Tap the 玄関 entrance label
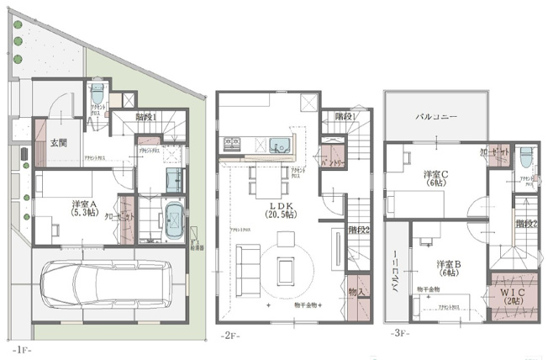pyautogui.click(x=57, y=142)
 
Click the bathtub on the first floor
pyautogui.click(x=174, y=220)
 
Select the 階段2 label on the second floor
pyautogui.click(x=359, y=228)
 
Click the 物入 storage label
pyautogui.click(x=357, y=290)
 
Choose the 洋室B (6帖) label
pyautogui.click(x=448, y=267)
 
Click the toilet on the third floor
pyautogui.click(x=525, y=157)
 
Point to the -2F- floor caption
pyautogui.click(x=230, y=335)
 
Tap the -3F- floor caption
pyautogui.click(x=399, y=333)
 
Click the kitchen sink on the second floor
pyautogui.click(x=277, y=143)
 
